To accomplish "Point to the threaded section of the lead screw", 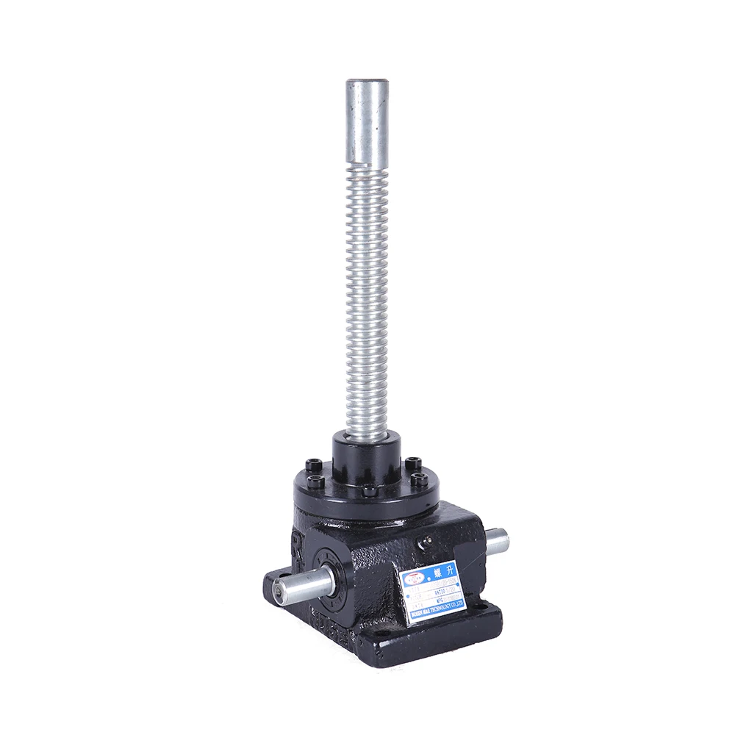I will point(366,294).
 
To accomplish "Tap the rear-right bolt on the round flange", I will point(413,464).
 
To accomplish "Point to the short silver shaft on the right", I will point(498,543).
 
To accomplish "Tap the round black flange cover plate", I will point(367,485).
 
